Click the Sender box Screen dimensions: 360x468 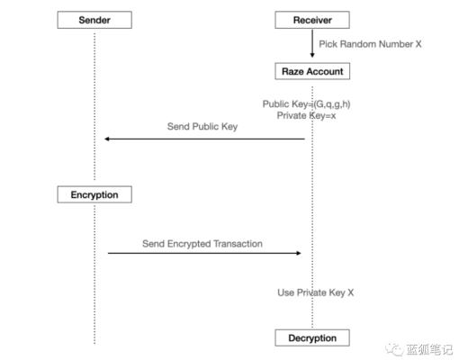[x=94, y=20]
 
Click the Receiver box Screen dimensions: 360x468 [x=312, y=20]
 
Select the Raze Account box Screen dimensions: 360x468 [x=312, y=70]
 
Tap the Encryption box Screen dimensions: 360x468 [x=94, y=194]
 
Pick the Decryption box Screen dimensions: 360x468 [x=312, y=338]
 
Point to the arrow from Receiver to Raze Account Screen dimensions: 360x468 [x=312, y=44]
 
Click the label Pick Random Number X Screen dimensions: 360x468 [x=370, y=43]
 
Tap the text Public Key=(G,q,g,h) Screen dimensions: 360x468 [x=306, y=104]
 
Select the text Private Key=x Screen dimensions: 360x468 [x=307, y=116]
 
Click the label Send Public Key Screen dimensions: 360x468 [x=202, y=127]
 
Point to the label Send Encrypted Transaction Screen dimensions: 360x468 [x=202, y=243]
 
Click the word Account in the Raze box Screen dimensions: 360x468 [x=325, y=70]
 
